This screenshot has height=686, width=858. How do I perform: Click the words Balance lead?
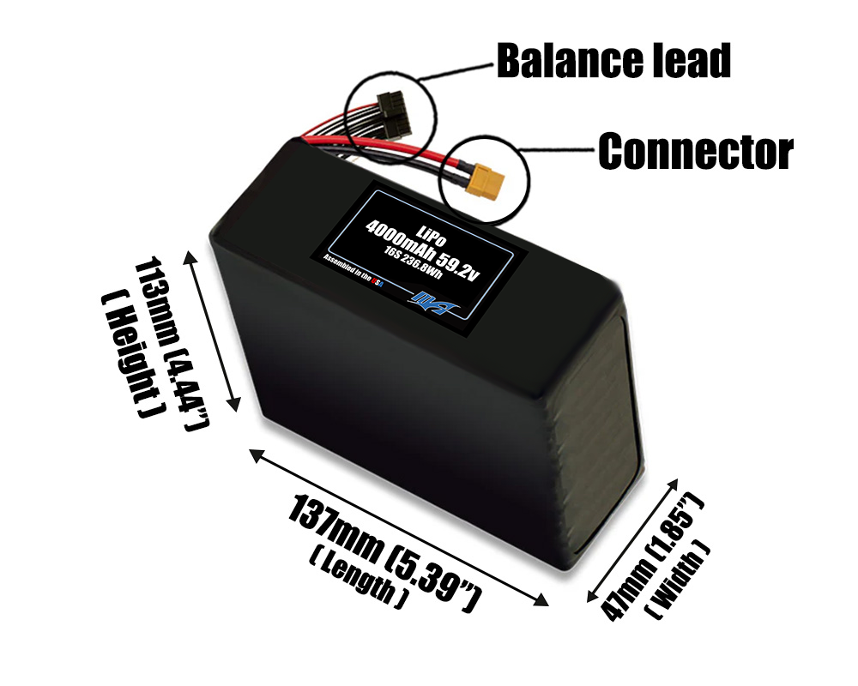click(613, 61)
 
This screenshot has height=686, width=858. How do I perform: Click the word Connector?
click(695, 152)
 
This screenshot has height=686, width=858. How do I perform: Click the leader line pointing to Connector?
click(562, 152)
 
